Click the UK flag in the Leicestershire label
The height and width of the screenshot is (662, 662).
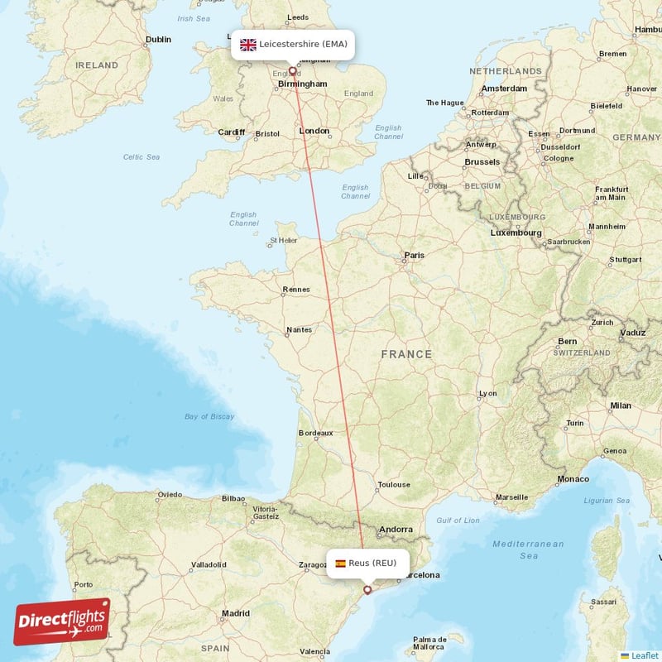pyautogui.click(x=248, y=45)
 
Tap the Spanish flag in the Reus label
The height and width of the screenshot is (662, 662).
pyautogui.click(x=340, y=564)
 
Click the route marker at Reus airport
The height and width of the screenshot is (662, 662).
pyautogui.click(x=367, y=590)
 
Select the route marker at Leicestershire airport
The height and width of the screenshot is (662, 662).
pyautogui.click(x=292, y=71)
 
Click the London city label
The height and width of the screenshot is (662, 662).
pyautogui.click(x=314, y=131)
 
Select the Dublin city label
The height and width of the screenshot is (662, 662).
pyautogui.click(x=158, y=39)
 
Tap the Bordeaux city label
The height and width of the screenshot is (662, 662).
pyautogui.click(x=315, y=432)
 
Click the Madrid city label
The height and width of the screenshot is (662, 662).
pyautogui.click(x=236, y=613)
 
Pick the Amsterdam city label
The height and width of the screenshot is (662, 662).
pyautogui.click(x=505, y=89)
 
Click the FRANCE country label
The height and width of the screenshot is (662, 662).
pyautogui.click(x=406, y=354)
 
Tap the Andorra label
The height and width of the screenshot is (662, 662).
pyautogui.click(x=395, y=530)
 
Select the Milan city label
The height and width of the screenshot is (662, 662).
pyautogui.click(x=620, y=405)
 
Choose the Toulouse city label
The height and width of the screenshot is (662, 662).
pyautogui.click(x=393, y=485)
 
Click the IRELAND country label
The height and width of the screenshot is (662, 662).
pyautogui.click(x=97, y=65)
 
